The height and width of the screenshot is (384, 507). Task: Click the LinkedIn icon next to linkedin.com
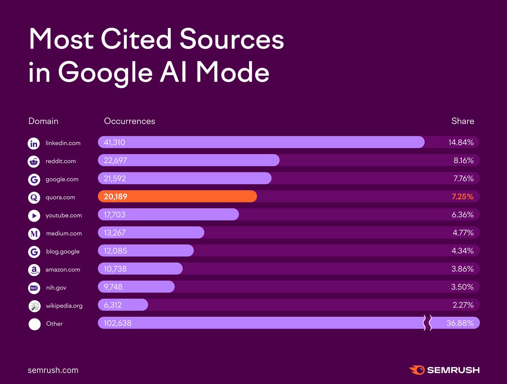34,143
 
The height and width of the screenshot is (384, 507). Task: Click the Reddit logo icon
34,161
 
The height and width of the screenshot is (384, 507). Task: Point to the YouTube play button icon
34,215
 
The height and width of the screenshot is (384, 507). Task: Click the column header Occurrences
129,121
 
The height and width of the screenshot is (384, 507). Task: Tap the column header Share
463,121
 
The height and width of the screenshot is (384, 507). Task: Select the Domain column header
43,121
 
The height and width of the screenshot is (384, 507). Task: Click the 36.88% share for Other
460,324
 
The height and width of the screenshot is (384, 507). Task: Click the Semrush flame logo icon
417,370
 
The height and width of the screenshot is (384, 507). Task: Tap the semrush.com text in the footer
53,370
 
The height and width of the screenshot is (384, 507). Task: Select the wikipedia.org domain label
64,306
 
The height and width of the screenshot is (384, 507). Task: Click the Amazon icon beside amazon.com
34,270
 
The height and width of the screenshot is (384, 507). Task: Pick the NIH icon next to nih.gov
34,288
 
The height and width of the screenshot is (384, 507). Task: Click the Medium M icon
34,234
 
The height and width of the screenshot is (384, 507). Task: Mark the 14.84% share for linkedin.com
461,143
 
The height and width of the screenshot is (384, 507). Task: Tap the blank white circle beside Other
34,324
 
